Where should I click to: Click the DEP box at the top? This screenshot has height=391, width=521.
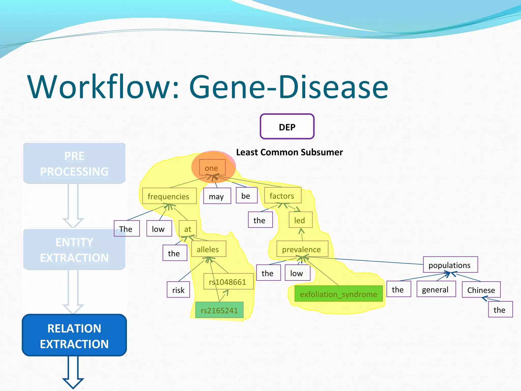[287, 127]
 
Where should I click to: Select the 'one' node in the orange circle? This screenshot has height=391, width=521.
[212, 167]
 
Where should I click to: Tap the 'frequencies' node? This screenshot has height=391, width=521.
[169, 196]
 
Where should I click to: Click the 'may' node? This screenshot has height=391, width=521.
[217, 196]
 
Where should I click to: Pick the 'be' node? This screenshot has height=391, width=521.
[246, 195]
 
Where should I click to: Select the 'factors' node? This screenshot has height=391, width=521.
[282, 195]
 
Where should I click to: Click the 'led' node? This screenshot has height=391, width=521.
[300, 220]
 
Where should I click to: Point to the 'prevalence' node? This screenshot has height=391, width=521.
[302, 249]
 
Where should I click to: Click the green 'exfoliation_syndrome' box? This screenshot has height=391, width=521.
[338, 294]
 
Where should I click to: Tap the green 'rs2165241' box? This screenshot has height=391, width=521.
[219, 310]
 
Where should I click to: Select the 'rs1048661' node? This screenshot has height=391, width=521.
[228, 282]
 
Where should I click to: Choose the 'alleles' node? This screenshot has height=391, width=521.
[208, 249]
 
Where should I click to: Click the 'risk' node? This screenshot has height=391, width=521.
[178, 290]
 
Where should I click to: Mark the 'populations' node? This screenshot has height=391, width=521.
[450, 265]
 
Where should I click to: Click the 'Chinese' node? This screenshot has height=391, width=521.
[481, 290]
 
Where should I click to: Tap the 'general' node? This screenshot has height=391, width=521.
[436, 289]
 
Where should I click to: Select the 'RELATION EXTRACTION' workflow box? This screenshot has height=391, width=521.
[74, 336]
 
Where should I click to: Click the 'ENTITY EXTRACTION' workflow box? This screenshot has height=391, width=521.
[74, 249]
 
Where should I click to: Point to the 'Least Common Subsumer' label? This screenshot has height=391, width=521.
[290, 152]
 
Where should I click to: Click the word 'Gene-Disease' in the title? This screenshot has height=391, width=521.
[288, 87]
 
